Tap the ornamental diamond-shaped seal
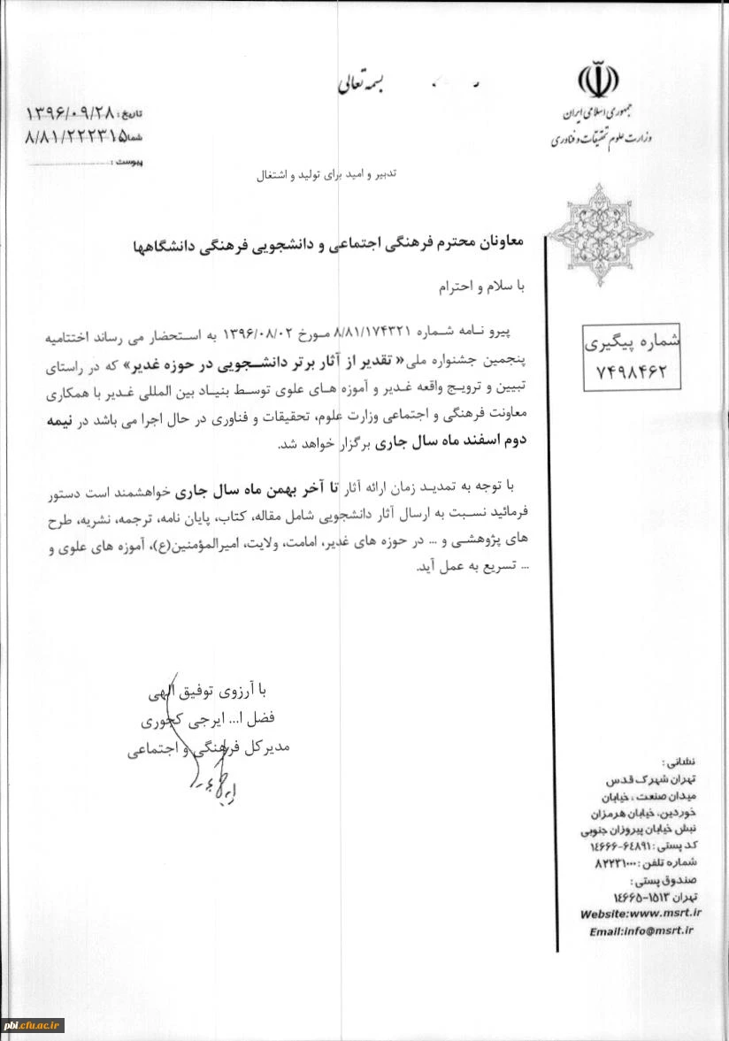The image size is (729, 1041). click(599, 233)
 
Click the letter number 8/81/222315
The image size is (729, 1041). click(72, 137)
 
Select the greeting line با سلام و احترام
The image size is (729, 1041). click(483, 287)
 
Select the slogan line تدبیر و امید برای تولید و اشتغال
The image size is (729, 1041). click(326, 176)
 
